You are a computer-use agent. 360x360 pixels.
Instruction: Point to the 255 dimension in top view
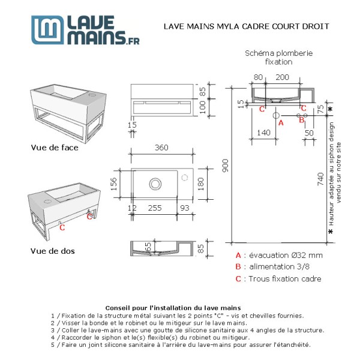point(154,208)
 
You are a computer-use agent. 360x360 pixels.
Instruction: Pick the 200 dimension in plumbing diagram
point(282,77)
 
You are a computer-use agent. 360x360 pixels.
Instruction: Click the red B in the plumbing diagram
point(302,119)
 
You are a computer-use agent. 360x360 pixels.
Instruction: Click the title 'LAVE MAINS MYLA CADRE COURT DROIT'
point(247,26)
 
